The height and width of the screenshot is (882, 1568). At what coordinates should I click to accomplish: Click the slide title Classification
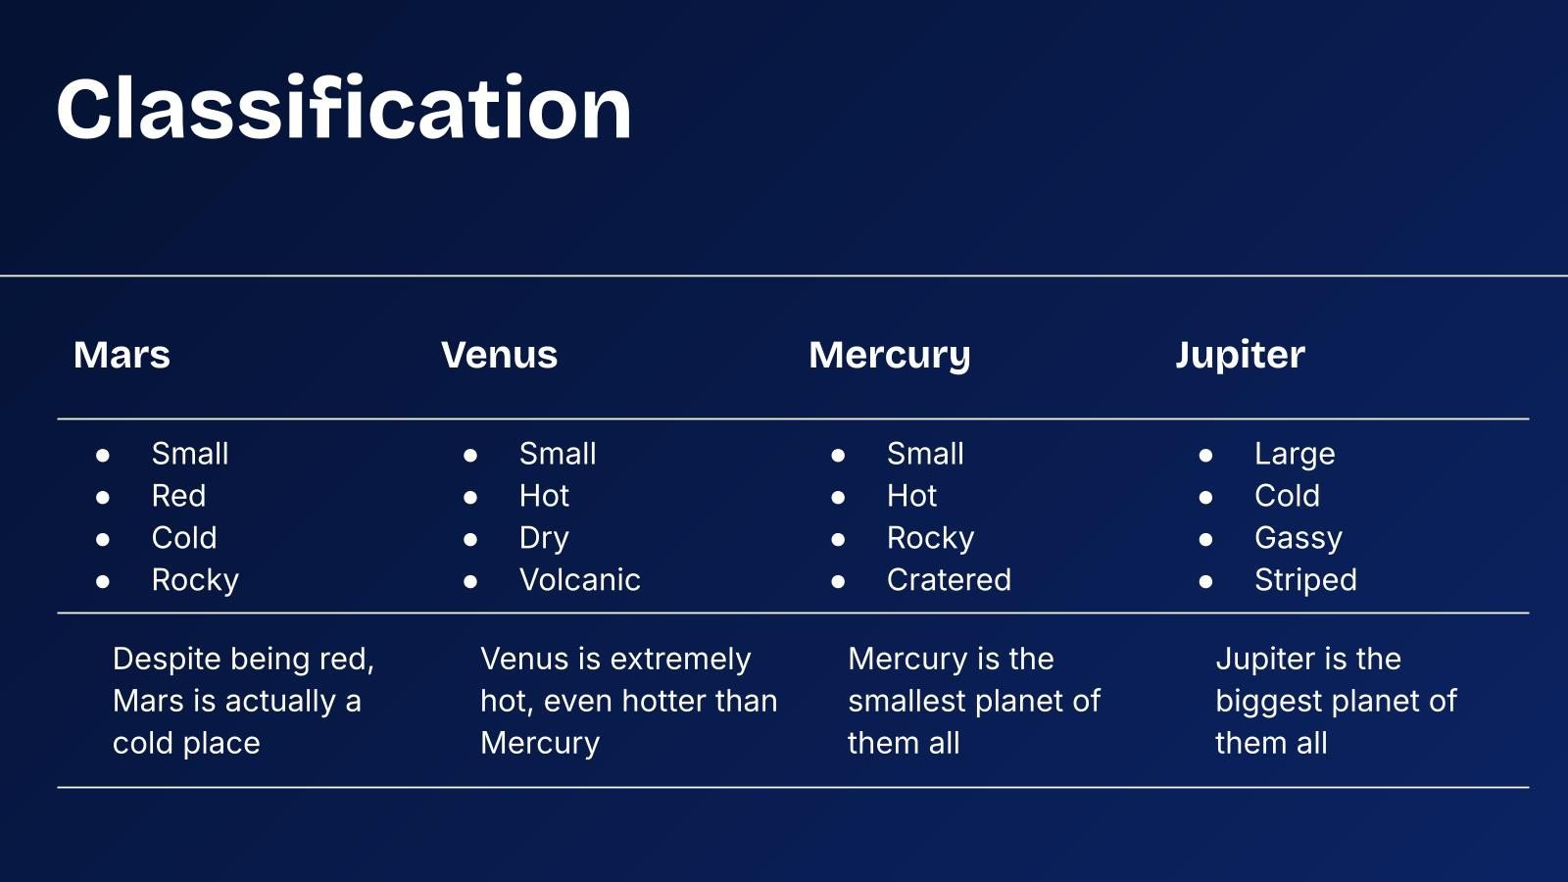pos(344,109)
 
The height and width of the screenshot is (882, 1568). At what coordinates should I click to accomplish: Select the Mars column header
pos(122,354)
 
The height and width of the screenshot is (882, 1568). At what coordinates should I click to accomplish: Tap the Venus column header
pos(499,354)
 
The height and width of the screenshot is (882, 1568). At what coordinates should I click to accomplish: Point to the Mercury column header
pos(890,356)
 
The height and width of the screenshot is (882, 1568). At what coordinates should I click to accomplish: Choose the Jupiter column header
pos(1240,355)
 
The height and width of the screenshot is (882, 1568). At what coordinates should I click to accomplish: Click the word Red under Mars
pos(178,496)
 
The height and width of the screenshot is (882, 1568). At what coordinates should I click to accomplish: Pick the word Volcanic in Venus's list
pos(579,579)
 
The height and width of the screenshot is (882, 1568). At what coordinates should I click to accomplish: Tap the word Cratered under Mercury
pos(949,579)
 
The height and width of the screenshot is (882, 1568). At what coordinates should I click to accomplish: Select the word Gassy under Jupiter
pos(1298,539)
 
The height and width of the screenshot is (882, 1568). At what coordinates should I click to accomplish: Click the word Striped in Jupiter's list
pos(1305,580)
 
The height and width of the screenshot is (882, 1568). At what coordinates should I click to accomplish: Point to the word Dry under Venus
pos(544,539)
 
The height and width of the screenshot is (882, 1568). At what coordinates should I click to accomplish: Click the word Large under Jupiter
pos(1295,455)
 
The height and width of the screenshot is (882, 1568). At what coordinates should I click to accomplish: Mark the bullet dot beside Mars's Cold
pos(103,540)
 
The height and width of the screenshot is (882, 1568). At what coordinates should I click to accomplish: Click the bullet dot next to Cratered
pos(838,582)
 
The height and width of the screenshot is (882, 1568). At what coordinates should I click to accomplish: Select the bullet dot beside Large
pos(1205,456)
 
